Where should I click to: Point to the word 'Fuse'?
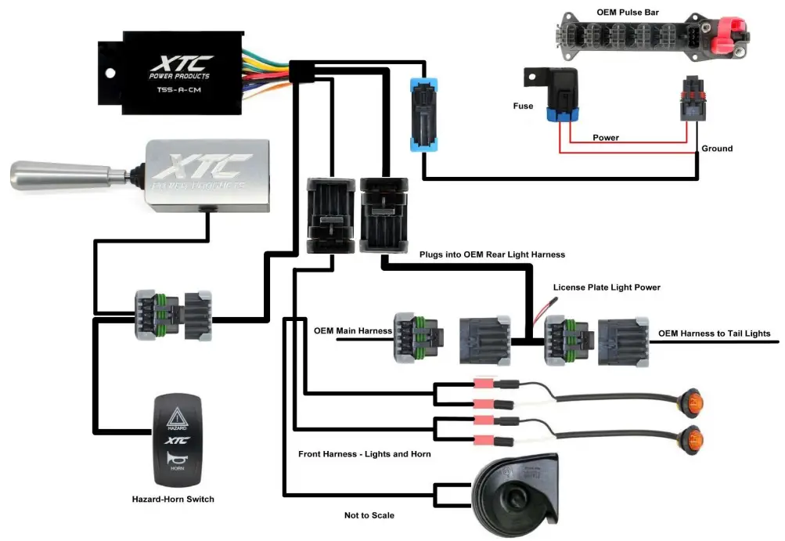(x=523, y=106)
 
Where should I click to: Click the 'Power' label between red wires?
(x=605, y=138)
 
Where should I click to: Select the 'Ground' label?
(x=717, y=148)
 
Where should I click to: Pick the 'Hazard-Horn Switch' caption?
(x=172, y=499)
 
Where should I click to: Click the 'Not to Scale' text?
(x=369, y=515)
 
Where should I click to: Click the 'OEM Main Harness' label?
(x=353, y=330)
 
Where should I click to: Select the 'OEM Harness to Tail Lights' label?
(x=714, y=334)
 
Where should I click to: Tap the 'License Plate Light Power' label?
(x=607, y=287)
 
